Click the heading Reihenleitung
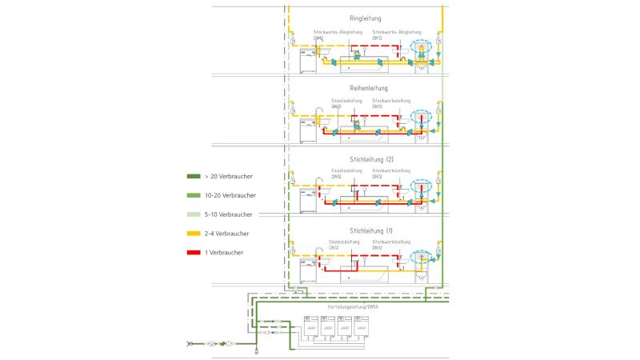(x=368, y=88)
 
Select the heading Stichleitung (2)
(x=372, y=159)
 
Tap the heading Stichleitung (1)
(x=372, y=230)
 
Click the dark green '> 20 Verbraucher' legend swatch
(x=193, y=176)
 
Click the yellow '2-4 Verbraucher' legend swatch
(x=193, y=234)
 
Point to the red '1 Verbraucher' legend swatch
(x=193, y=253)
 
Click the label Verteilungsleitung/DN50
(x=353, y=306)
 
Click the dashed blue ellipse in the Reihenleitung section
(x=421, y=117)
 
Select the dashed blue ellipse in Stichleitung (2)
(x=421, y=188)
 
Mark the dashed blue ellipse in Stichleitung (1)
(x=421, y=258)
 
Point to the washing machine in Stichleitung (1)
(x=308, y=270)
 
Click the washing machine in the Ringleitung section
(x=308, y=61)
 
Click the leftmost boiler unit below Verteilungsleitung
(x=310, y=327)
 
